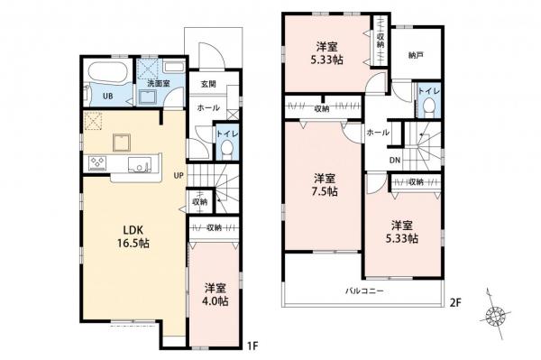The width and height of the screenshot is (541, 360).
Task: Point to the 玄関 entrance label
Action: (208, 85)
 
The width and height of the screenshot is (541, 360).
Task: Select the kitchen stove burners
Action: (96, 162)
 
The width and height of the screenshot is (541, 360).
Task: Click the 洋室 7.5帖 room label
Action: (326, 183)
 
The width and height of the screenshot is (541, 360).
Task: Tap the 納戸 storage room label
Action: (415, 54)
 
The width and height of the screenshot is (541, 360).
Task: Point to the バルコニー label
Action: (365, 291)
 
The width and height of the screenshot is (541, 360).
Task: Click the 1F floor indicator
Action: (254, 345)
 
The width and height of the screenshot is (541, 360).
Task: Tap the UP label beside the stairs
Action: (179, 175)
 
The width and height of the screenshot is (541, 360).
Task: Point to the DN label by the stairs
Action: (395, 162)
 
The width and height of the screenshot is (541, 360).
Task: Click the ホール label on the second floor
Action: (378, 132)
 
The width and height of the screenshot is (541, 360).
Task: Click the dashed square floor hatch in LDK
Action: (94, 123)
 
